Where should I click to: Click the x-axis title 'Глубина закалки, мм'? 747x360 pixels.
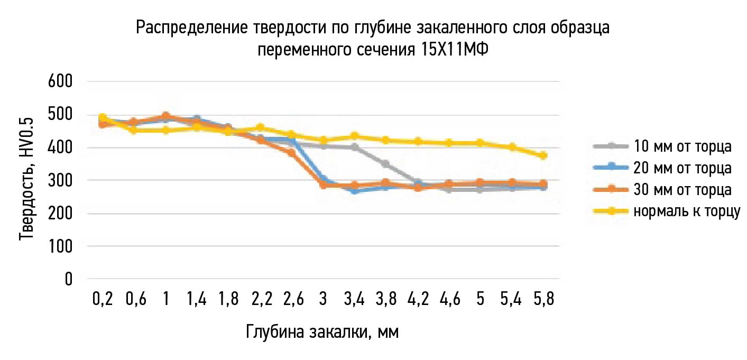(322, 332)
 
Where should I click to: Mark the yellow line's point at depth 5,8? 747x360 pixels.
(543, 155)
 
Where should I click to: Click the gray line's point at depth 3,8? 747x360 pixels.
(386, 164)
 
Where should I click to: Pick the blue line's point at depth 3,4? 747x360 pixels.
(354, 191)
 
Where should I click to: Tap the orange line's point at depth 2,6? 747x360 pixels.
(291, 153)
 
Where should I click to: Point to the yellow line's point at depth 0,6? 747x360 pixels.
(134, 130)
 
